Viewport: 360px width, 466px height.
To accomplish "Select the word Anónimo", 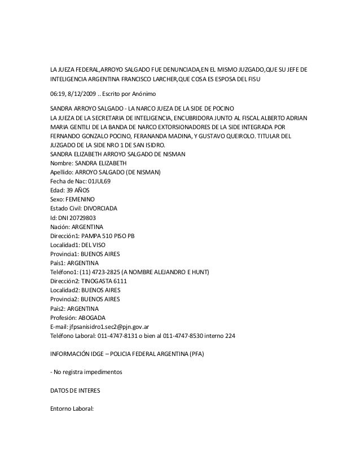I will [x=146, y=93].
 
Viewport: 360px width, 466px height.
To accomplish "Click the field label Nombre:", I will [x=62, y=164].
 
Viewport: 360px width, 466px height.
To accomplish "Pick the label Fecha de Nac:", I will [x=68, y=181].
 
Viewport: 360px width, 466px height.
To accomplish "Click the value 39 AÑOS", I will [x=77, y=191].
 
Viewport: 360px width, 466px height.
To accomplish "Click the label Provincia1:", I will [x=65, y=254].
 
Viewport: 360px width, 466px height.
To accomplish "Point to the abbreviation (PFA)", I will [x=197, y=354].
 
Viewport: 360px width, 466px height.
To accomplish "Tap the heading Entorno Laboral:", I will [x=73, y=409].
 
